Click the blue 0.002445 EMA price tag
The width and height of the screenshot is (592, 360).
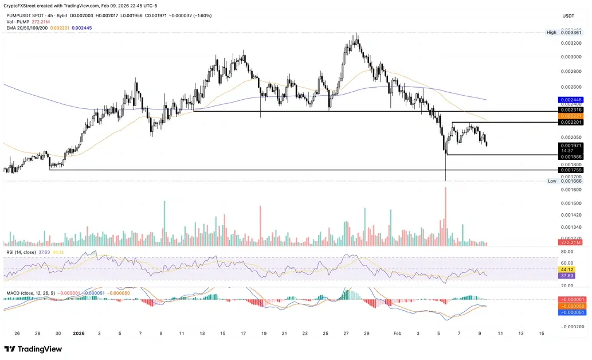click(571, 99)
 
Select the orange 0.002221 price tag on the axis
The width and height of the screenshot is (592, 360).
click(571, 116)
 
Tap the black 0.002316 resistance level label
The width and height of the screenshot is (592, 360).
click(571, 109)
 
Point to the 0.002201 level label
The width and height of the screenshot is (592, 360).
click(571, 122)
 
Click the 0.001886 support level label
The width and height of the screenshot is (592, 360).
click(571, 156)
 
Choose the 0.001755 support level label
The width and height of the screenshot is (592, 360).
click(571, 170)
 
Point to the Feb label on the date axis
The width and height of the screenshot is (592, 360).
click(398, 333)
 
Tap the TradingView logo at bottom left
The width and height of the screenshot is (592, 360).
click(29, 349)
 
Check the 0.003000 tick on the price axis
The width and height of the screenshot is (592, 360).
click(571, 57)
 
